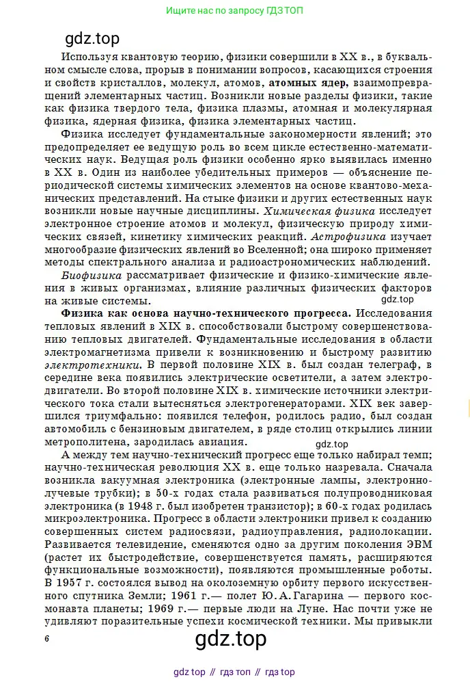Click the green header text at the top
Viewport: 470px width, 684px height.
[234, 11]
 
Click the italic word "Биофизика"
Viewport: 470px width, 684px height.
[92, 275]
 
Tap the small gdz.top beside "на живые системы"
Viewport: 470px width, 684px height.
[397, 299]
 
